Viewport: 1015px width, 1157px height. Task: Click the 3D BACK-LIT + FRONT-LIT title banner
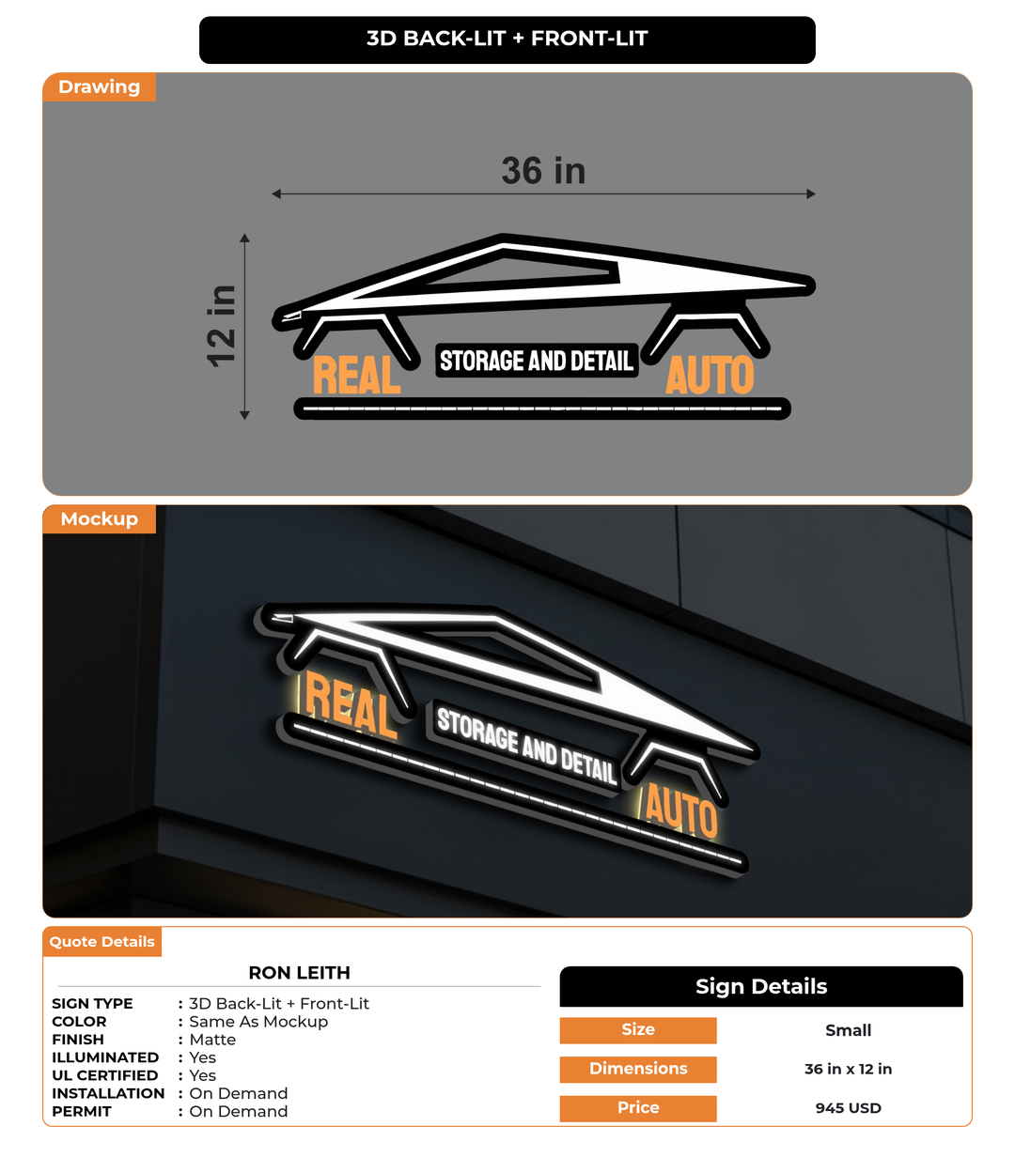(507, 39)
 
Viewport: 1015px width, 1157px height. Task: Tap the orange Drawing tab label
(99, 86)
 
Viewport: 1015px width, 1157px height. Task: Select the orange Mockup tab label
(99, 519)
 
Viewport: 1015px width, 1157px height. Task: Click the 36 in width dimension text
(543, 170)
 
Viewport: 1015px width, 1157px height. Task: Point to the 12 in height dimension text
(221, 326)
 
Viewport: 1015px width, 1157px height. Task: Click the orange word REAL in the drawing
(356, 375)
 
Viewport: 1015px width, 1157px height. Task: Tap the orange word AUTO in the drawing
(710, 375)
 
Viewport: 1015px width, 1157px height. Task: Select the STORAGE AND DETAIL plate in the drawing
(537, 361)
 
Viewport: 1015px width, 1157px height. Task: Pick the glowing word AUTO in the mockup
(680, 810)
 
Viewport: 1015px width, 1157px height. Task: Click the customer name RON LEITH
(299, 973)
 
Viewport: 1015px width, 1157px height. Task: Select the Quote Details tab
(101, 942)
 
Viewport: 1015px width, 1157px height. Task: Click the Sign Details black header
(761, 986)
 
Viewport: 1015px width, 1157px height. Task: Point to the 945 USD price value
(848, 1108)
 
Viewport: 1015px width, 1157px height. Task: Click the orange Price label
(638, 1108)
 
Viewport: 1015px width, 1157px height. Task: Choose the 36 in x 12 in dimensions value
(848, 1069)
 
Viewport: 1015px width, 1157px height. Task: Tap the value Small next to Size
(848, 1030)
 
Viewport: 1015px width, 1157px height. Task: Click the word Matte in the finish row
(212, 1040)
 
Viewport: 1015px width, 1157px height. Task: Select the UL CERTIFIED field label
(104, 1075)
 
